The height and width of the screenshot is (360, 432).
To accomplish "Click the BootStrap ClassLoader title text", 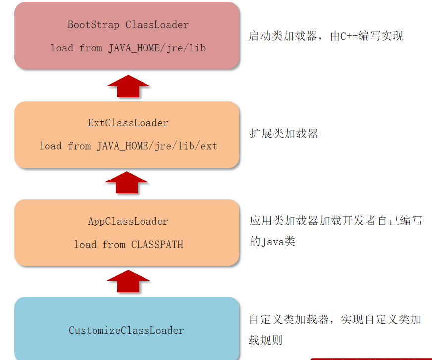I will click(x=128, y=24).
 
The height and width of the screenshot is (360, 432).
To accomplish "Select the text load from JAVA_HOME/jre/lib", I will click(x=128, y=48).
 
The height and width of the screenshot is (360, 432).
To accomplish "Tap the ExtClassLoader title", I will click(x=128, y=123).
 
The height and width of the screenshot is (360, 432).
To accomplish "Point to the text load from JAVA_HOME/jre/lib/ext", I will click(x=128, y=146).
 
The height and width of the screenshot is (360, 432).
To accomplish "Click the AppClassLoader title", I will click(x=128, y=221).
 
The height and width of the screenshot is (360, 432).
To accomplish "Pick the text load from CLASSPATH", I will click(x=128, y=244).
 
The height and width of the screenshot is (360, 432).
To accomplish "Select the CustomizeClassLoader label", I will click(x=126, y=330).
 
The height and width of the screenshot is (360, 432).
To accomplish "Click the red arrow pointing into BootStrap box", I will click(x=128, y=87).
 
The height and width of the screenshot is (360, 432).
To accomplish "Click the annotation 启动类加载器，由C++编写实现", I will click(x=326, y=36).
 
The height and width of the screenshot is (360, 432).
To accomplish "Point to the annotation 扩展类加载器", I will click(x=284, y=134).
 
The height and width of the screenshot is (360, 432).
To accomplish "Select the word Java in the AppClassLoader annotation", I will click(x=272, y=242).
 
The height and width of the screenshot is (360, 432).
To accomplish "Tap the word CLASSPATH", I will click(x=157, y=244).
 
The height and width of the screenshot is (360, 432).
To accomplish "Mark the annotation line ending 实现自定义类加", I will click(x=335, y=319).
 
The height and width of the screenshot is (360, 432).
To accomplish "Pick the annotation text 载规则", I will click(x=266, y=340).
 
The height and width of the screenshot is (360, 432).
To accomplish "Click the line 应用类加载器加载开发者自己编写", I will click(x=336, y=221).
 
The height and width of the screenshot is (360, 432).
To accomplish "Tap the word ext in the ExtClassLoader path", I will click(x=208, y=146).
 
